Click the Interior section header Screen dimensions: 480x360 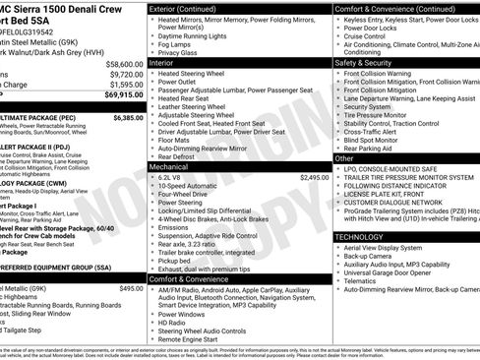(163, 61)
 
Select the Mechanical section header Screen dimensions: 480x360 (170, 167)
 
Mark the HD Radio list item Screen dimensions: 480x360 (173, 322)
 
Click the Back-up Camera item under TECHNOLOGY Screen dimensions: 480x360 (373, 259)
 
